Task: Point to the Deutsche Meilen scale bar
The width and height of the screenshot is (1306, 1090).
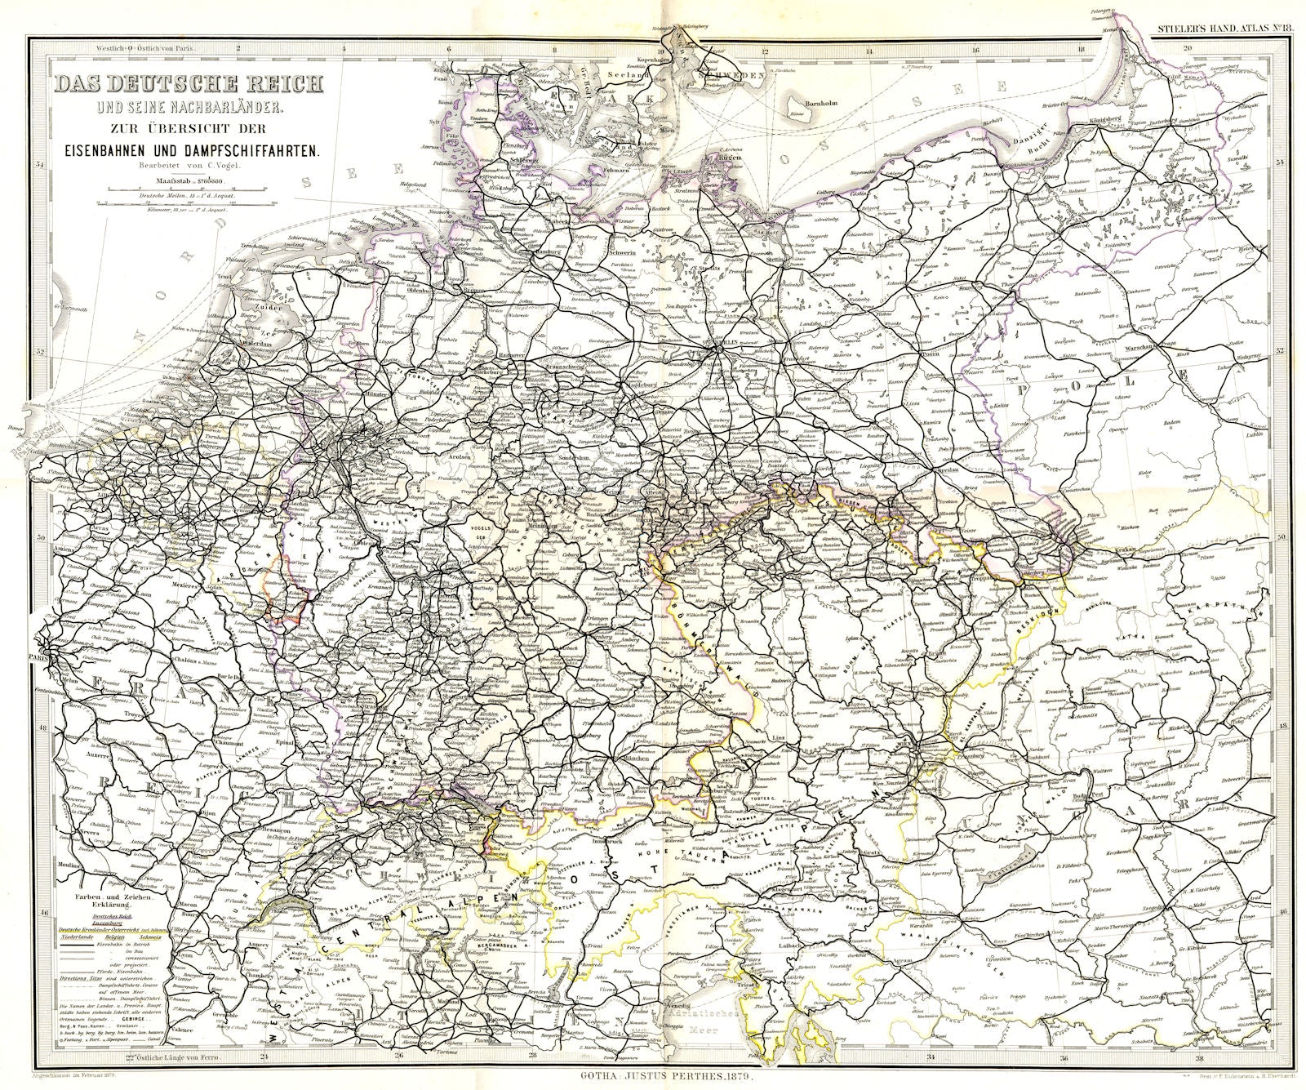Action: tap(187, 191)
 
